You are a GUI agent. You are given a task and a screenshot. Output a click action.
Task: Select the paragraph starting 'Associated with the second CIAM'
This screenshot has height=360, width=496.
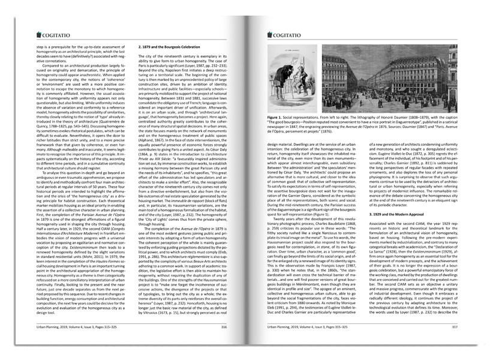click(x=406, y=270)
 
